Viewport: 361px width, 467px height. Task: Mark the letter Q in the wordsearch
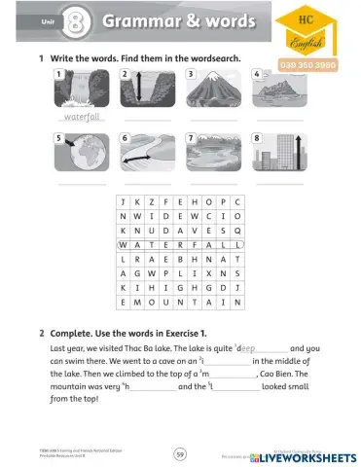tap(238, 230)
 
